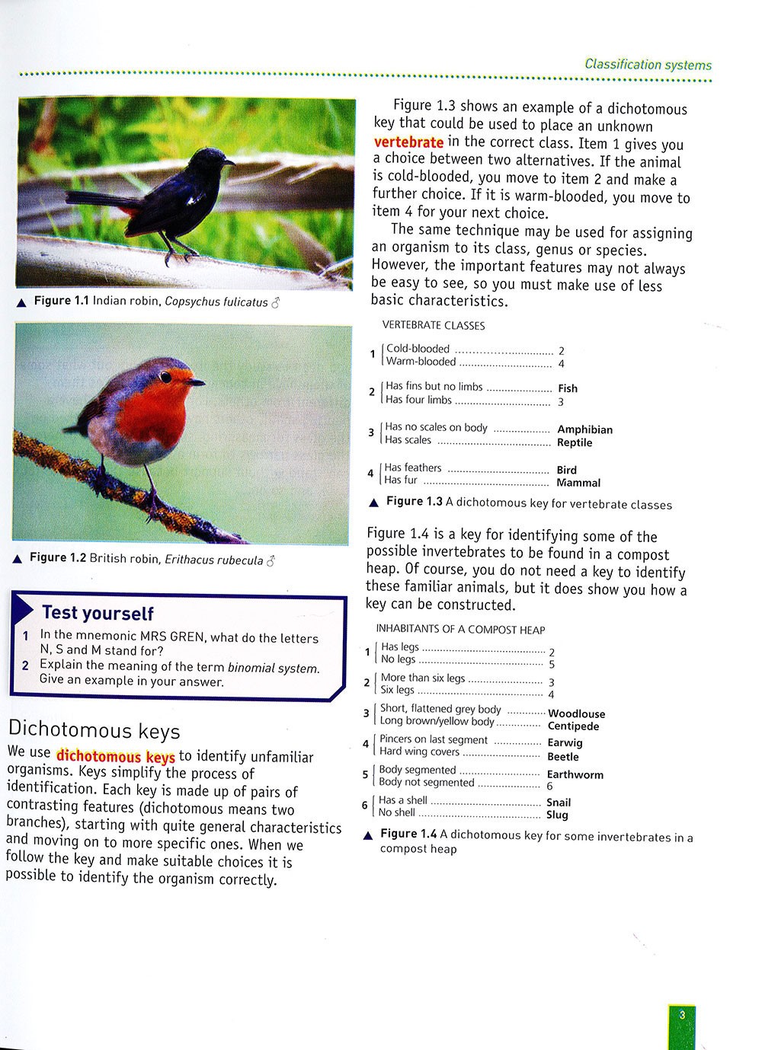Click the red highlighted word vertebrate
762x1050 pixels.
[408, 142]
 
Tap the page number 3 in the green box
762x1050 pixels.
[682, 1014]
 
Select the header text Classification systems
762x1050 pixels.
[648, 65]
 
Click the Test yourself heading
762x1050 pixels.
[98, 613]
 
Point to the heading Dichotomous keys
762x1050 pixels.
[94, 731]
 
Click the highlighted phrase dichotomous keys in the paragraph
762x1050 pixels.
[115, 757]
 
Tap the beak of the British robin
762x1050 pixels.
[197, 381]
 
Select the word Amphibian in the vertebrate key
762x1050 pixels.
[584, 429]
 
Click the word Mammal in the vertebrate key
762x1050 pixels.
[578, 483]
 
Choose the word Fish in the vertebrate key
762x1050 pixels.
[568, 388]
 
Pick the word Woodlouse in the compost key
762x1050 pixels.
[576, 713]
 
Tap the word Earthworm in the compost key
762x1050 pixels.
[575, 774]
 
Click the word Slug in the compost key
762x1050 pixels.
[557, 815]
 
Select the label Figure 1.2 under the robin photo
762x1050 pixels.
[58, 558]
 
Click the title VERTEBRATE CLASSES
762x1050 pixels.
[433, 325]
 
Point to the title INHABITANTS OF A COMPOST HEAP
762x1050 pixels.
[460, 630]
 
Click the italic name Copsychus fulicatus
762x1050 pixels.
[216, 302]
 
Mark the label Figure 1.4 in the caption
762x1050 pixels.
[408, 835]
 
